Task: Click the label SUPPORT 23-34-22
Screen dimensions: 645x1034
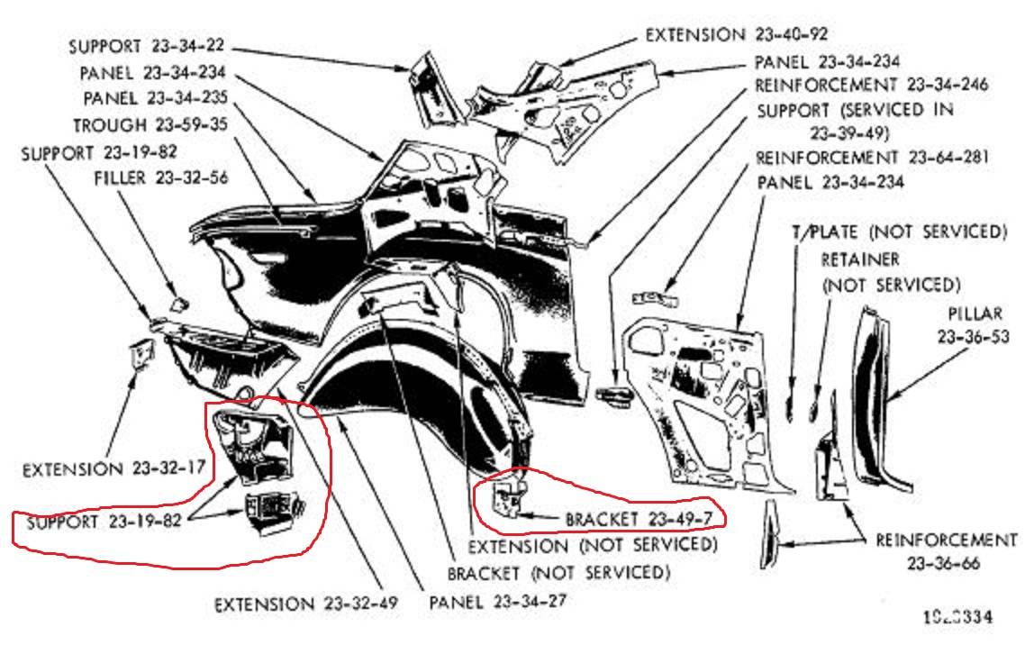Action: [147, 46]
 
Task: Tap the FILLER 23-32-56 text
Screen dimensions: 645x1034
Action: [161, 177]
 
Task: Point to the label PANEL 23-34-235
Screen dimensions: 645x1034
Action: [155, 97]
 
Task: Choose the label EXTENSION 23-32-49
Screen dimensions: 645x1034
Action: [305, 604]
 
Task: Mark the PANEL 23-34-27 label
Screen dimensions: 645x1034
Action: [498, 600]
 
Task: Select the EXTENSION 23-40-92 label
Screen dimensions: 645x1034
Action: [737, 34]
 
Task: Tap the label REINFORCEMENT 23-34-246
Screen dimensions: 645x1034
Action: [872, 86]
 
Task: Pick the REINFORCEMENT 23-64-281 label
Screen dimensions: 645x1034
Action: [873, 158]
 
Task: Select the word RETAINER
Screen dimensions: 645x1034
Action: [860, 259]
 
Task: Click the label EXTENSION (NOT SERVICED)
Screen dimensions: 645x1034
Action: [593, 545]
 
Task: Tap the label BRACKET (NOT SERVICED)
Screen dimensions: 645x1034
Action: [558, 572]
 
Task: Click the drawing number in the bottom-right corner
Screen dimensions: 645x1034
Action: [958, 617]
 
